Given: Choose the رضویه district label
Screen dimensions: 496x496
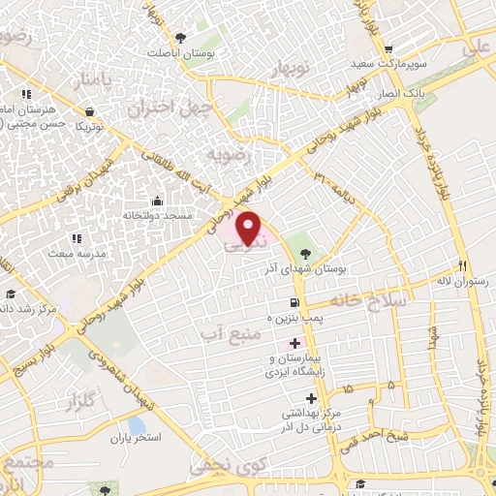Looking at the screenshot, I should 234,155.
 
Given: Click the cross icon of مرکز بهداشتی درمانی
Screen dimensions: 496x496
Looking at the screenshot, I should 310,399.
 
